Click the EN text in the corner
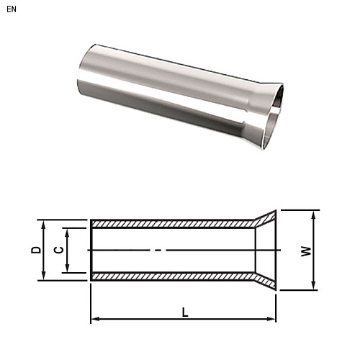[11, 10]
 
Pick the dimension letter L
[184, 312]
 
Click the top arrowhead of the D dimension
[45, 222]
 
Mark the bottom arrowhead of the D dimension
[45, 277]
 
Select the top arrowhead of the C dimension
[68, 231]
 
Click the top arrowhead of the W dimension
[315, 214]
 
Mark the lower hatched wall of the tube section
[173, 276]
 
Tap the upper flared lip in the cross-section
[265, 218]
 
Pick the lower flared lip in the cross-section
[265, 282]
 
